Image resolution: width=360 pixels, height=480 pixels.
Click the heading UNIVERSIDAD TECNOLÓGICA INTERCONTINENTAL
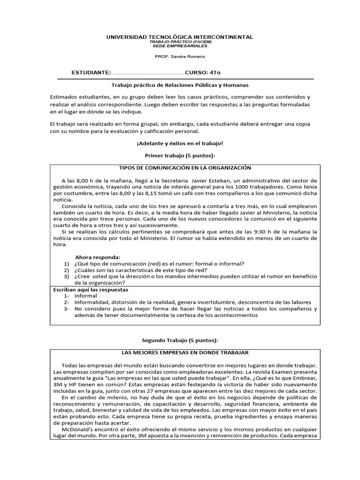180,37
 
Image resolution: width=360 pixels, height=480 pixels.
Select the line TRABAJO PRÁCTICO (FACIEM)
180,42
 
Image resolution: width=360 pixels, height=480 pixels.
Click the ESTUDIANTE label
90,73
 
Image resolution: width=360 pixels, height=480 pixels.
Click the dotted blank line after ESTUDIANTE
148,74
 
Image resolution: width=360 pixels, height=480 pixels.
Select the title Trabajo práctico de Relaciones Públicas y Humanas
180,85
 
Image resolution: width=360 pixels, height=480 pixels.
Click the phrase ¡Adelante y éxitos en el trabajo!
180,143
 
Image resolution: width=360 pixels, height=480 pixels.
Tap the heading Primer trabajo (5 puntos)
180,155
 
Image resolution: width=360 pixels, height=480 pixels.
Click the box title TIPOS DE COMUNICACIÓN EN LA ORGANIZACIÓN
185,168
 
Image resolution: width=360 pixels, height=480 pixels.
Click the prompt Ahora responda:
98,257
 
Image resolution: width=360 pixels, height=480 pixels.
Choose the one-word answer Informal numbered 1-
86,296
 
